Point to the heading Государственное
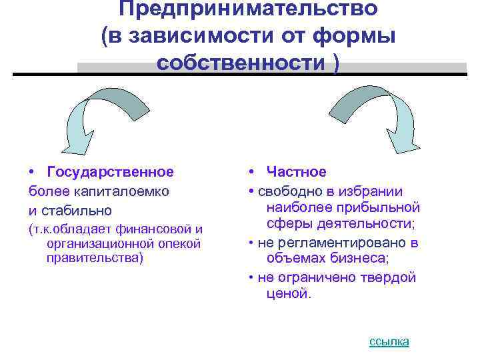(x=111, y=172)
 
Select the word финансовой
(x=155, y=229)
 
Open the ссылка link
(x=389, y=341)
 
